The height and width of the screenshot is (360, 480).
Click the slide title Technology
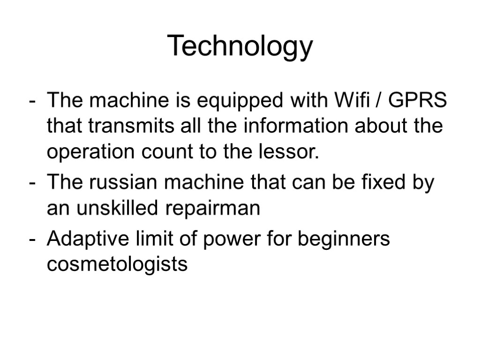(x=240, y=46)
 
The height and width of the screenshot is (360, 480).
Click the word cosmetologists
(x=117, y=265)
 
